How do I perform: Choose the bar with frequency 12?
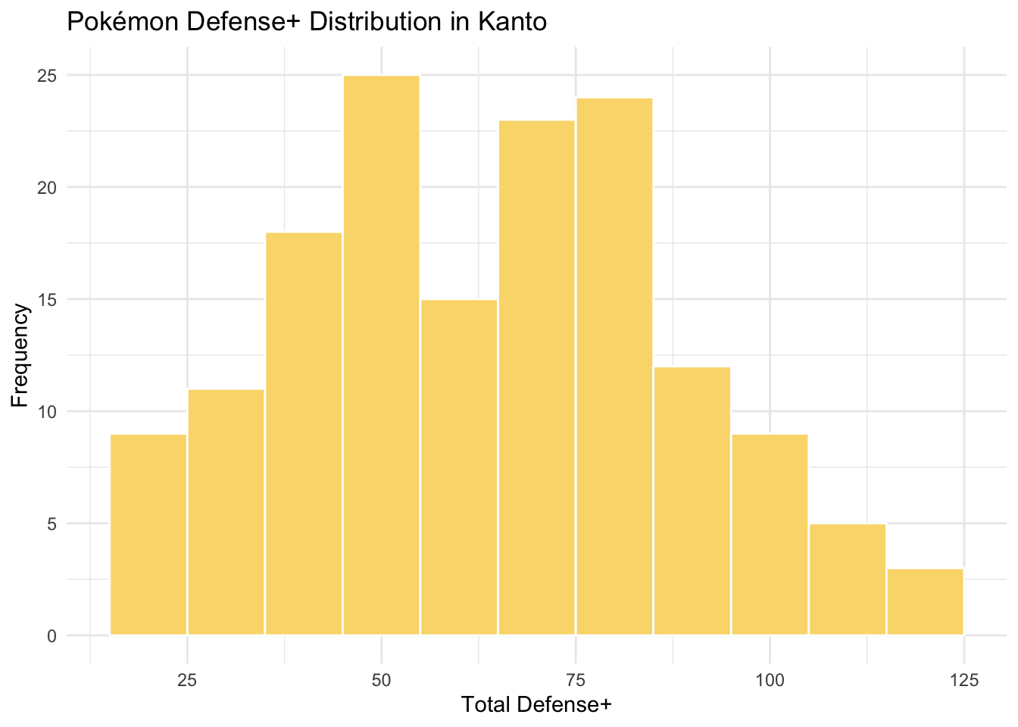pos(692,501)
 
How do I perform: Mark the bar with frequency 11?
pos(226,512)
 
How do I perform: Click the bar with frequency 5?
pos(848,579)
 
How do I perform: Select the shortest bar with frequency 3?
pos(925,601)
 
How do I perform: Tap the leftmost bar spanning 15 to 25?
pos(148,534)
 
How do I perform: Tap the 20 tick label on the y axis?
pos(48,188)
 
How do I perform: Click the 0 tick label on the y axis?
pos(52,636)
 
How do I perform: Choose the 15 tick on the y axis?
pos(48,300)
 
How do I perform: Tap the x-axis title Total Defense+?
pos(536,705)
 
